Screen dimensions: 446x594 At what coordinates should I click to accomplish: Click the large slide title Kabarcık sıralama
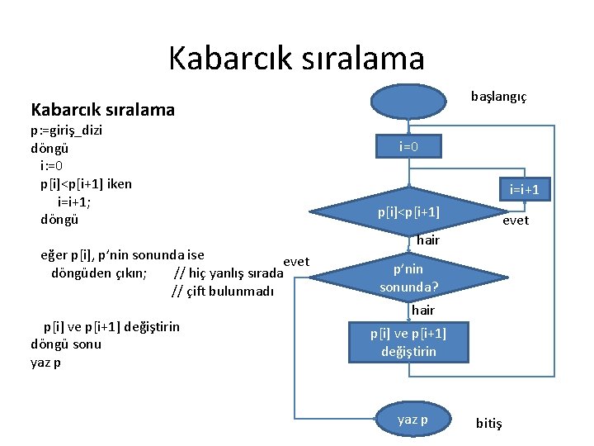(x=296, y=58)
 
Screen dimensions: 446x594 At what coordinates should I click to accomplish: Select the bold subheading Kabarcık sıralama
(x=102, y=109)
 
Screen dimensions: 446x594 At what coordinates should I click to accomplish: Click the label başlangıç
(x=498, y=97)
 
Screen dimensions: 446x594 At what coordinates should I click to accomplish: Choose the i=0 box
(x=408, y=146)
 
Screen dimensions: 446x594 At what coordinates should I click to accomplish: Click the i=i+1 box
(x=524, y=189)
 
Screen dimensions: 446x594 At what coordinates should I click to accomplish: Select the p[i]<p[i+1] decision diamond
(x=408, y=213)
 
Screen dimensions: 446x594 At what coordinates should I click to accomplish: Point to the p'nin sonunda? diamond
(x=408, y=278)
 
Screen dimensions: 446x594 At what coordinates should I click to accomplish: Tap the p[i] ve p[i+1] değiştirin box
(x=408, y=342)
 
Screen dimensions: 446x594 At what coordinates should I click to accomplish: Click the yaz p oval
(x=412, y=420)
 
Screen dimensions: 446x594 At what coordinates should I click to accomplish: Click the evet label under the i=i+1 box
(x=516, y=221)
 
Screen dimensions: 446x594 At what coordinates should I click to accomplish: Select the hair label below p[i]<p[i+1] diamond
(x=427, y=240)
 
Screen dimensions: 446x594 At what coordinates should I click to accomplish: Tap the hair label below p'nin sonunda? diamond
(x=422, y=311)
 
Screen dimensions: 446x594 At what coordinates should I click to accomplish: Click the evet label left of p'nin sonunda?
(x=295, y=262)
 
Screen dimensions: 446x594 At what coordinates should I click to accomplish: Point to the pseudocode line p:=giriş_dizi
(x=66, y=130)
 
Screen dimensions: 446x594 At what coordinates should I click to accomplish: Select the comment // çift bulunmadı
(x=222, y=290)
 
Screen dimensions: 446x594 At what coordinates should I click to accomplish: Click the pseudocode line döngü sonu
(x=65, y=344)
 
